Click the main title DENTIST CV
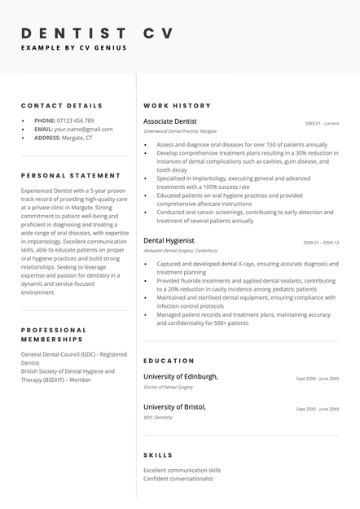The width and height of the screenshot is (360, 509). (x=97, y=33)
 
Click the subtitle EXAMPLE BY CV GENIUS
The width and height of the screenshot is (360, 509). (x=74, y=48)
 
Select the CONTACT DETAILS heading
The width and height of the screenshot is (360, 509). (x=62, y=106)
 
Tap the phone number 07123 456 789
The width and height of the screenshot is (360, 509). (x=76, y=121)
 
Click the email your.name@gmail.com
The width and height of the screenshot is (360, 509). (x=83, y=129)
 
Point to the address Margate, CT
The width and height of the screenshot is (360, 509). (x=78, y=138)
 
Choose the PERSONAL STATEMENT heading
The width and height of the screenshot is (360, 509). (x=71, y=176)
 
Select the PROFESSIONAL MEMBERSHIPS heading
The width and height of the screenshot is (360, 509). (x=54, y=335)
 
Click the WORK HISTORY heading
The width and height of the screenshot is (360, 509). (x=177, y=106)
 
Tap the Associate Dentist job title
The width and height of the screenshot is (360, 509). (x=169, y=121)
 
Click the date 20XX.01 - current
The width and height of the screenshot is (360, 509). (x=322, y=124)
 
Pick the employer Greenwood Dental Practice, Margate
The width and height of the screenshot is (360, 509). (x=180, y=131)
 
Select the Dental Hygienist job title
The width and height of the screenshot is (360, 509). (x=169, y=241)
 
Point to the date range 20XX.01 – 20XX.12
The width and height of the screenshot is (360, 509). (x=321, y=243)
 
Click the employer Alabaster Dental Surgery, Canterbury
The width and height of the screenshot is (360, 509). (x=181, y=251)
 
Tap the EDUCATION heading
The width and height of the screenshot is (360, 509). (x=169, y=361)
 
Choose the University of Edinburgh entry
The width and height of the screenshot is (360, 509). (x=181, y=377)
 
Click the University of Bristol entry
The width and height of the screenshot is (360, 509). (x=174, y=406)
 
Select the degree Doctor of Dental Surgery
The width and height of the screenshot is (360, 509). (x=168, y=387)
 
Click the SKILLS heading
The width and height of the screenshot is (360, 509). (x=158, y=455)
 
